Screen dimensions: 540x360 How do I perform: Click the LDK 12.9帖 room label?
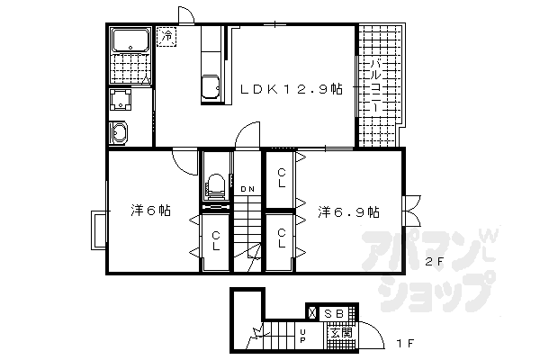(x=292, y=89)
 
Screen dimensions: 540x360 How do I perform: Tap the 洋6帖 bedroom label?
(x=151, y=210)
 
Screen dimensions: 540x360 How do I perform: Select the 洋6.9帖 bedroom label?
(x=348, y=211)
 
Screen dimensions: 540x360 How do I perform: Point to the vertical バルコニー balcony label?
(x=376, y=85)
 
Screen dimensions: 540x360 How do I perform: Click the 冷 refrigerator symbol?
(x=166, y=36)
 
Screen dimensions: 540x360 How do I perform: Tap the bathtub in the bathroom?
(x=130, y=40)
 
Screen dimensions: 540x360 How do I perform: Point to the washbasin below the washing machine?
(x=118, y=132)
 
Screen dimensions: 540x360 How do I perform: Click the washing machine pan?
(x=121, y=100)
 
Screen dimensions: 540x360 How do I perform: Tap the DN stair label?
(x=247, y=189)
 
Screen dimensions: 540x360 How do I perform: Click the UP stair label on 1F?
(x=302, y=336)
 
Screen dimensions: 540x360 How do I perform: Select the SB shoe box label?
(x=335, y=313)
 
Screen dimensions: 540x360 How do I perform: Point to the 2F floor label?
(x=433, y=262)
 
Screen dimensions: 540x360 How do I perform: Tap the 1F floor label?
(x=404, y=343)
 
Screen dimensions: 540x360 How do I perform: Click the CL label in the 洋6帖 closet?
(x=216, y=241)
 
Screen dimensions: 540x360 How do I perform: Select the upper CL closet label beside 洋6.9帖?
(x=282, y=177)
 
